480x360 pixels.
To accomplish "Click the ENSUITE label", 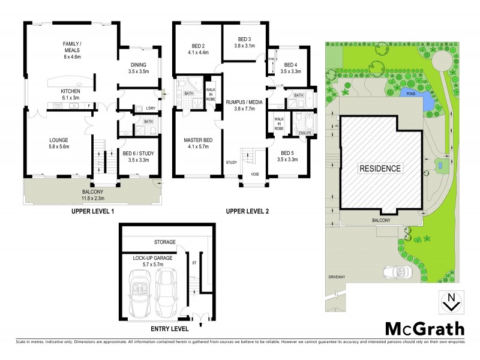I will click(304, 133).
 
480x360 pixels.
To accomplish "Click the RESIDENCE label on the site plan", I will click(380, 168).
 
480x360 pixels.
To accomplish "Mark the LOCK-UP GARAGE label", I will click(154, 259).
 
